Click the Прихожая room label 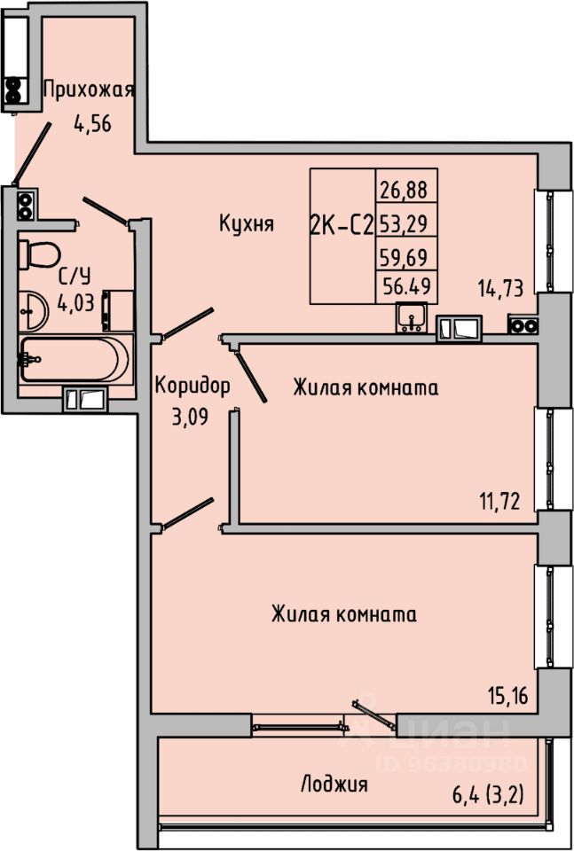coord(88,90)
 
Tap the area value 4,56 coord(92,124)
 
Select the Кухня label coord(246,223)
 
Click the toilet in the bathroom coord(39,254)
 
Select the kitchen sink coord(411,317)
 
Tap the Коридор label coord(193,386)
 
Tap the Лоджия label coord(334,784)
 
